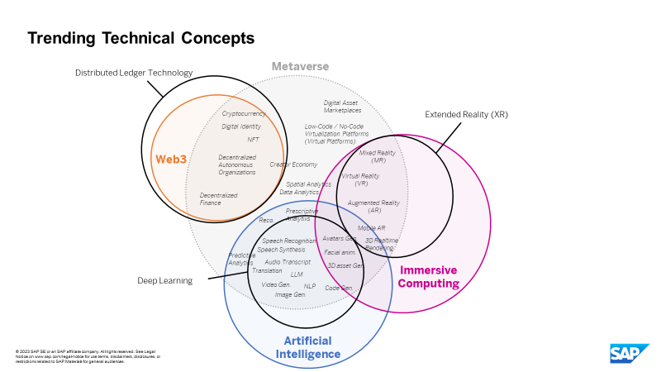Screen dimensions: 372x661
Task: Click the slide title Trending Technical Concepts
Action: [141, 38]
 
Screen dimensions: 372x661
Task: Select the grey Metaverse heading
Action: [301, 66]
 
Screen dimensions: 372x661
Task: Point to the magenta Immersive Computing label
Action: [429, 276]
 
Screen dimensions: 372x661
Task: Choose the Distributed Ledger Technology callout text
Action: [134, 73]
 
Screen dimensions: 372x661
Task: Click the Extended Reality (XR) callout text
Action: [466, 114]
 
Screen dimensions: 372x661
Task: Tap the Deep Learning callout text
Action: [164, 280]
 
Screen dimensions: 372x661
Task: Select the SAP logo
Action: [630, 353]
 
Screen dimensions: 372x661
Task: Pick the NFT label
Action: [253, 140]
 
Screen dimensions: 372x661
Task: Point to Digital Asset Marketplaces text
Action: [342, 106]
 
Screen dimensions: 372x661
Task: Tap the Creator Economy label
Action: [293, 165]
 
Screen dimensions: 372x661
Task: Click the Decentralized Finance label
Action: [218, 198]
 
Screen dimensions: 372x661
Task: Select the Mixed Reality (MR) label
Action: [378, 156]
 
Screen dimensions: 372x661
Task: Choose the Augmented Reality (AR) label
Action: [373, 206]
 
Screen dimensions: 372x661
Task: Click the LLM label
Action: [297, 274]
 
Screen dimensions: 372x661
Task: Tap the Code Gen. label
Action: [339, 288]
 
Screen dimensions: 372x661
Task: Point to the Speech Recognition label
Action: [289, 241]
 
